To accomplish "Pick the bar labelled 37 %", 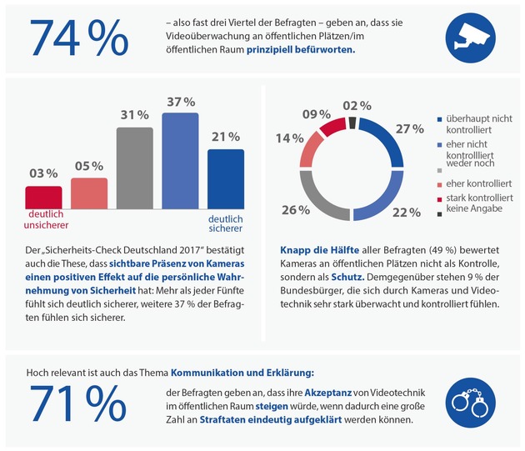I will point(179,159).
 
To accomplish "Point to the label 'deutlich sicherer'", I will point(224,221).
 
